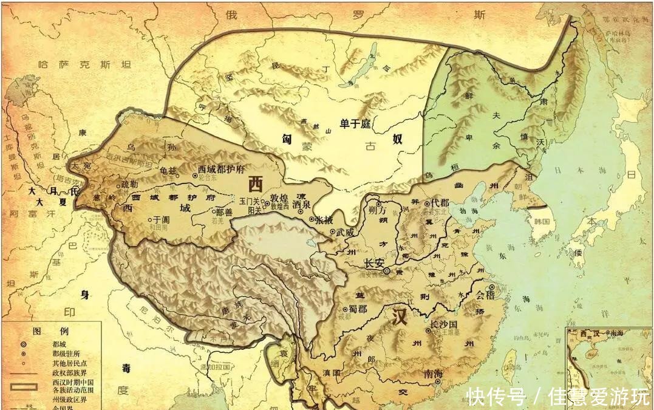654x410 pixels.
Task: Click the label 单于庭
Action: point(355,124)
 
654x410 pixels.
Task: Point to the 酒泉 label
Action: point(301,204)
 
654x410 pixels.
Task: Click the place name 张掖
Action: point(322,219)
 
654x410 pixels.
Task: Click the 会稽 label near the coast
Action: point(485,297)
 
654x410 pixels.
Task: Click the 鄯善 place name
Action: point(224,213)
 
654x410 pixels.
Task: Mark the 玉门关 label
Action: point(249,200)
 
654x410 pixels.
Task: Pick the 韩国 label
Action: point(542,222)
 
